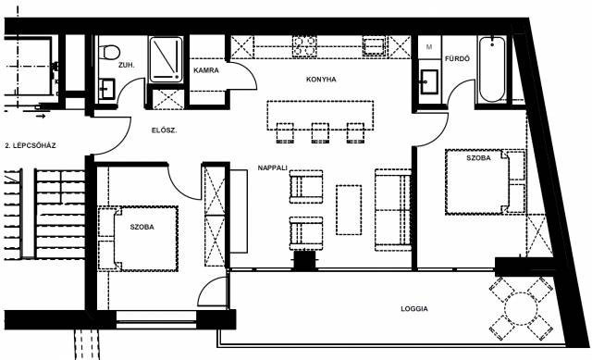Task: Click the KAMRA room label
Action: point(206,70)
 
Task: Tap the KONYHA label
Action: point(321,80)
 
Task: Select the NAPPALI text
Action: point(273,168)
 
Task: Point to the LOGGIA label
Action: point(414,308)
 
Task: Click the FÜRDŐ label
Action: point(457,58)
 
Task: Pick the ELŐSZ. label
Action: point(165,130)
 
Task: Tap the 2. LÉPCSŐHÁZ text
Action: point(31,145)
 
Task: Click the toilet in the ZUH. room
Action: point(109,52)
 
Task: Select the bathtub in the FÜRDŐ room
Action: point(492,69)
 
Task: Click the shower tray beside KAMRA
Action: point(166,59)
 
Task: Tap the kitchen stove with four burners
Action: point(304,46)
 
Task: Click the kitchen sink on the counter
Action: point(374,46)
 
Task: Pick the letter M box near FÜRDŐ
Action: point(429,47)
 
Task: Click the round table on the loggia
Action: point(521,308)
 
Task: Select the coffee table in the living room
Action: point(349,210)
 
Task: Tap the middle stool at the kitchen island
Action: point(320,133)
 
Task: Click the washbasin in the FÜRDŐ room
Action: point(429,81)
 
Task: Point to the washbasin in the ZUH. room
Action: point(107,89)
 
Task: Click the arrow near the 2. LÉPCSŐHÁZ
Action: point(41,116)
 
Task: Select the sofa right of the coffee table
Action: point(393,210)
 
